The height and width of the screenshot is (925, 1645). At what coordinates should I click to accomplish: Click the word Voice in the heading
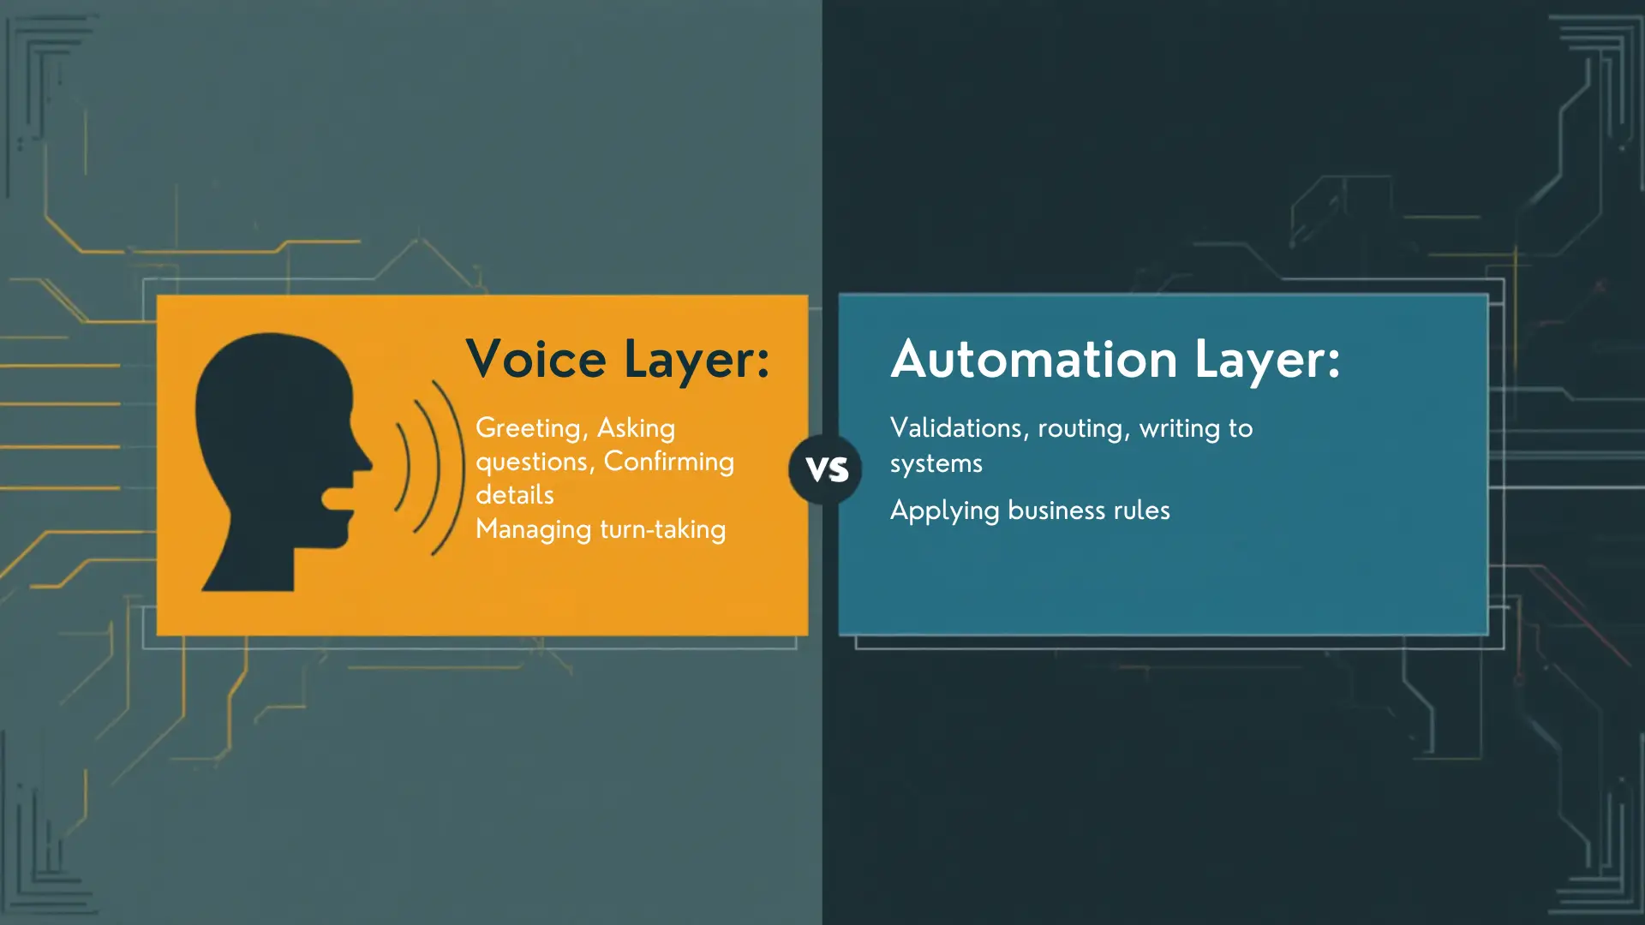(x=536, y=359)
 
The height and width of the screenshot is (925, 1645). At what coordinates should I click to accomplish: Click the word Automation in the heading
(x=1034, y=359)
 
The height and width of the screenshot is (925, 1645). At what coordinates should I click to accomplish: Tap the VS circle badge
(x=827, y=469)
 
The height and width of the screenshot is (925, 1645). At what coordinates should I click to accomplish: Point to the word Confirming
(x=668, y=462)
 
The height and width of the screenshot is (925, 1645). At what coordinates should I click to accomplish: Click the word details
(x=514, y=495)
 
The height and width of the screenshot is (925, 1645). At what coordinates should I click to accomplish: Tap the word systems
(x=936, y=463)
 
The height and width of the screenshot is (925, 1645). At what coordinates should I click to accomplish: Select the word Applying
(x=944, y=511)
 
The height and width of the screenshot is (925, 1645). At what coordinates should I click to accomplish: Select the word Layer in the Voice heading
(x=696, y=359)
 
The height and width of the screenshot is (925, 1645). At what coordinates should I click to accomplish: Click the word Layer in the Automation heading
(x=1266, y=359)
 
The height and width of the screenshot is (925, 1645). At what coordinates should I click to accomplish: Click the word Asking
(x=636, y=428)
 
